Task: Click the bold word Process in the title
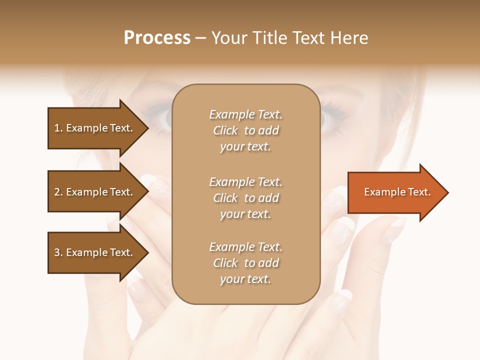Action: pyautogui.click(x=157, y=38)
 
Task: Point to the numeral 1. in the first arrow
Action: pyautogui.click(x=58, y=128)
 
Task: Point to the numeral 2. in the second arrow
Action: pyautogui.click(x=58, y=192)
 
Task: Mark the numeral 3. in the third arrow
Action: pyautogui.click(x=58, y=252)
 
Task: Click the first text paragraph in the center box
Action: pyautogui.click(x=245, y=130)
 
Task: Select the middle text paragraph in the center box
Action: pyautogui.click(x=245, y=198)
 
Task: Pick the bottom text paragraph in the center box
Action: pyautogui.click(x=245, y=263)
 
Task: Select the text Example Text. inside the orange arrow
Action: pyautogui.click(x=397, y=192)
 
